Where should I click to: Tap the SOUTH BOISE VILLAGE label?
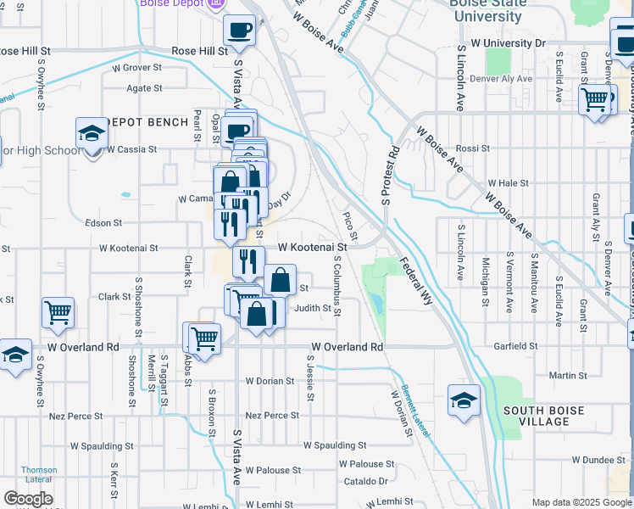(x=543, y=416)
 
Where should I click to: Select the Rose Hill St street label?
(x=200, y=51)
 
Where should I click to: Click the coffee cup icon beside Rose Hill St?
(x=239, y=31)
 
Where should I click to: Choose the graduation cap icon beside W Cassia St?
(x=92, y=133)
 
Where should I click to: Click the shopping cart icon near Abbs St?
(x=204, y=338)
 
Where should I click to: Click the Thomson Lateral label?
(x=40, y=474)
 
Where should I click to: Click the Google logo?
(x=28, y=499)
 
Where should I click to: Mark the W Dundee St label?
(x=600, y=460)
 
